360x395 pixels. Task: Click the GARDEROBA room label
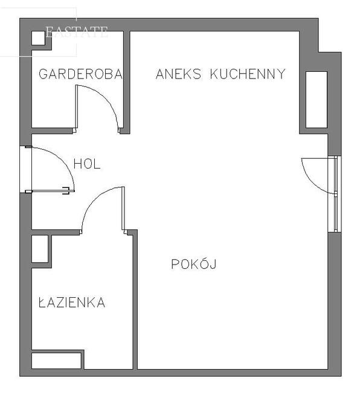(x=80, y=74)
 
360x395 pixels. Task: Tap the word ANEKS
(x=179, y=74)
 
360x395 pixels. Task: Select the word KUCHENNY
(x=248, y=74)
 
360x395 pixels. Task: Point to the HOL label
(x=87, y=164)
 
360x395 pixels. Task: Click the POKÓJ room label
(x=194, y=263)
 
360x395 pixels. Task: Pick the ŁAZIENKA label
(x=72, y=302)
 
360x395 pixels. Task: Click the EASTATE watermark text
(x=77, y=32)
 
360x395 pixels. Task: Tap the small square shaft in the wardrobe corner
(x=38, y=38)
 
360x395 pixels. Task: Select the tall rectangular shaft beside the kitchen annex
(x=317, y=100)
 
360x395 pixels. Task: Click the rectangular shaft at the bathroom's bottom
(x=56, y=361)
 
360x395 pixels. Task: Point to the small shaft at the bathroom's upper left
(x=40, y=249)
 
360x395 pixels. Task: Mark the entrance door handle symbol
(x=66, y=191)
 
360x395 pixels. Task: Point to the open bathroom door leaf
(x=123, y=208)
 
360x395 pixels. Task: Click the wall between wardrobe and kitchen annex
(x=126, y=82)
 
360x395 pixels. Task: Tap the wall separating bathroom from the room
(x=135, y=300)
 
